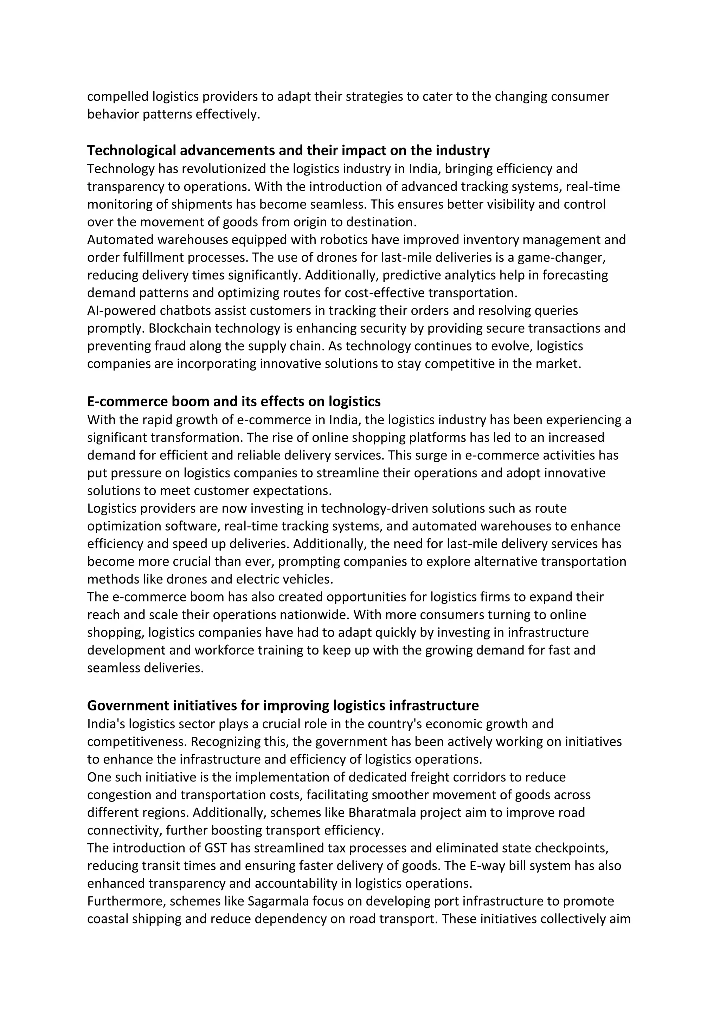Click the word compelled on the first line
(117, 97)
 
